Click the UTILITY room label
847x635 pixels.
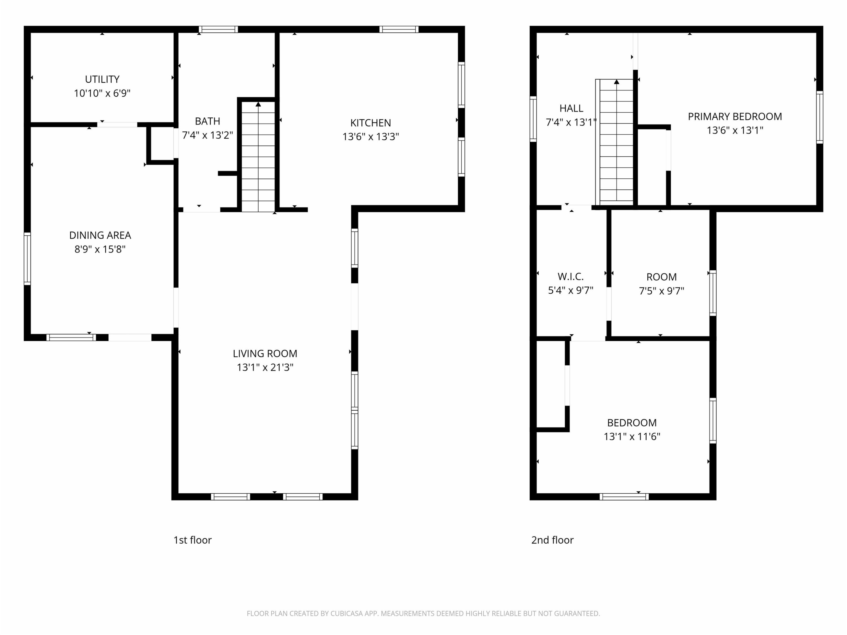coord(102,79)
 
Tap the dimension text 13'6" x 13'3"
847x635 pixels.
coord(371,137)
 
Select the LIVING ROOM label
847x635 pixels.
coord(265,353)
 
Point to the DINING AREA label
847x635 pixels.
coord(100,235)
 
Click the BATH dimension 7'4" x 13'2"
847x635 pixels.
coord(208,135)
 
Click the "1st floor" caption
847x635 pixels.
coord(193,540)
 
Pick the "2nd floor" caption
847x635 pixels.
coord(553,540)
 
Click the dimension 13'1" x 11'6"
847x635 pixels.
coord(632,437)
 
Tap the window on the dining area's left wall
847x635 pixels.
coord(27,259)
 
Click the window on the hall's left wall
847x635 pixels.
coord(533,119)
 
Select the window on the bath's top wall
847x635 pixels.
coord(218,29)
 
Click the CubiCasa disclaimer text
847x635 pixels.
coord(423,614)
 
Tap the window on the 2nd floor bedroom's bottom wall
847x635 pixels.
coord(624,497)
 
